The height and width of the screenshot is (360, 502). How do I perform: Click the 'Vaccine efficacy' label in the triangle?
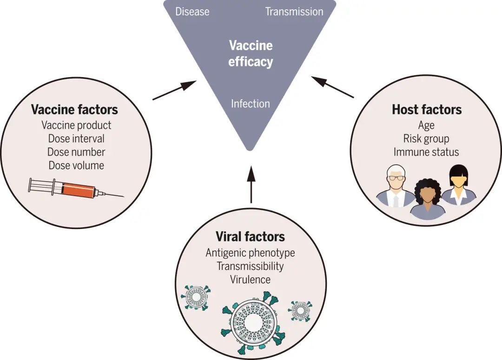[x=251, y=53]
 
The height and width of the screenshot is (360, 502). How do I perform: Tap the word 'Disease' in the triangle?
[x=192, y=12]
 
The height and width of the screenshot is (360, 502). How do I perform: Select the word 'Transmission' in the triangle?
[x=294, y=12]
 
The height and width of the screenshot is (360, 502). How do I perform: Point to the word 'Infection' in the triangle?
[x=251, y=103]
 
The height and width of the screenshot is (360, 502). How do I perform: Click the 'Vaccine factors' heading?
[x=74, y=110]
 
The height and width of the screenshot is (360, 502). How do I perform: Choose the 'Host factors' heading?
[x=427, y=110]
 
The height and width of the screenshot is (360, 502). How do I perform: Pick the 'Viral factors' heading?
[x=251, y=236]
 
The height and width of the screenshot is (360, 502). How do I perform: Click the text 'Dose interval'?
[x=76, y=138]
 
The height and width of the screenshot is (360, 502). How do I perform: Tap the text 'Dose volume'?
[x=76, y=165]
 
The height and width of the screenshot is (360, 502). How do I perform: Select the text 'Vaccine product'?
[x=76, y=125]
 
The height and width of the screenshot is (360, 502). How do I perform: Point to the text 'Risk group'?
[x=426, y=138]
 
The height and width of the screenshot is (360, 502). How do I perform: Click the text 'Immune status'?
[x=426, y=152]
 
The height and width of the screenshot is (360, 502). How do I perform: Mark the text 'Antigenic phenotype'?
[x=251, y=253]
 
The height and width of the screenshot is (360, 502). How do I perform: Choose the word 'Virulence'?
[x=251, y=280]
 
